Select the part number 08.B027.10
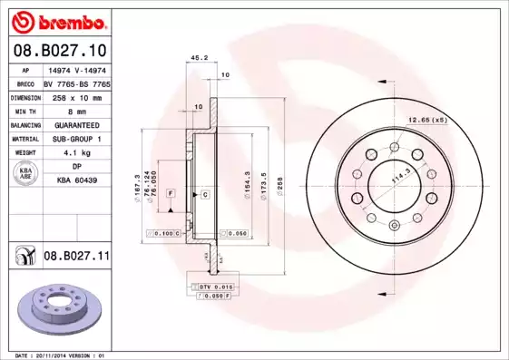point(58,50)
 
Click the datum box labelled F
point(170,194)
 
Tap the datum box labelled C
point(205,194)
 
